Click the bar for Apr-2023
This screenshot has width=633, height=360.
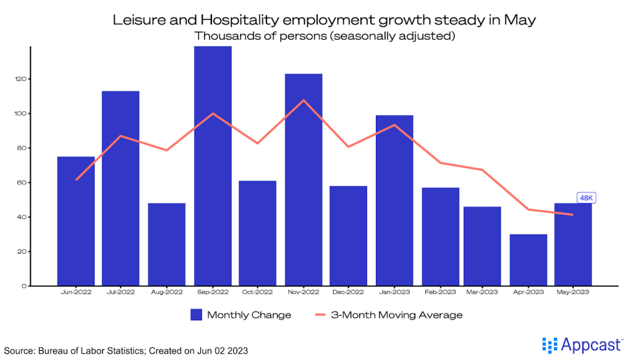(x=529, y=260)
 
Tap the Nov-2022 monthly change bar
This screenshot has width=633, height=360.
(x=304, y=179)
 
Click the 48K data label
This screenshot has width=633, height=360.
(x=585, y=198)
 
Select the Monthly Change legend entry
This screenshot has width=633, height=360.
(x=240, y=315)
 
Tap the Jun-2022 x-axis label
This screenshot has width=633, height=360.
(x=76, y=292)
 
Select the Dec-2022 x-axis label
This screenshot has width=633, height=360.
(x=349, y=292)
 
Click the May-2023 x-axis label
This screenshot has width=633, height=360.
(x=573, y=292)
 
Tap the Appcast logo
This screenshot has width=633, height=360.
(x=578, y=345)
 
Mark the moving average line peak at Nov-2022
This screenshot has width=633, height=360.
(x=304, y=100)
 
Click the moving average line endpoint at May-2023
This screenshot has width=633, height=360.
(x=573, y=215)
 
